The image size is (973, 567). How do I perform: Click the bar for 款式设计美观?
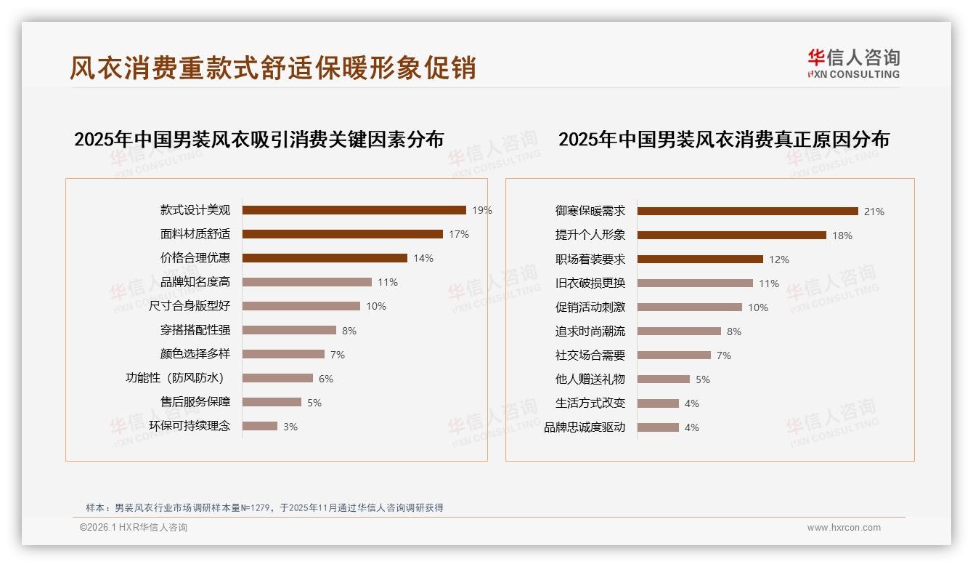tap(354, 210)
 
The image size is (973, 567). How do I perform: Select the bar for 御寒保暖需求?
tap(747, 212)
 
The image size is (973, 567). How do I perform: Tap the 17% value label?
tap(459, 234)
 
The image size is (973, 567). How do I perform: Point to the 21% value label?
tap(874, 212)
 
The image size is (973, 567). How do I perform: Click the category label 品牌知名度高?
tap(195, 282)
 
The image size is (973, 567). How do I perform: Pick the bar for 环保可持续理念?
tap(260, 426)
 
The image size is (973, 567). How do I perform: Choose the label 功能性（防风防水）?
tap(177, 378)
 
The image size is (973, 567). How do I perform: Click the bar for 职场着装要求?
tap(700, 260)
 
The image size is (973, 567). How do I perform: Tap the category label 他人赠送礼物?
tap(590, 379)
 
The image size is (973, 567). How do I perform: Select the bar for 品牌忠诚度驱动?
tap(658, 427)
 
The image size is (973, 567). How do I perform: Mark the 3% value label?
tap(290, 427)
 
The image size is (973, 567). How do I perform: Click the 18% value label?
tap(842, 236)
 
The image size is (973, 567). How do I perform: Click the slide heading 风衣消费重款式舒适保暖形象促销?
tap(272, 68)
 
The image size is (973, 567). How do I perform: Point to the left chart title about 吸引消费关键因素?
tap(258, 139)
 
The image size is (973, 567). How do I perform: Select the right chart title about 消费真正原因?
tap(723, 139)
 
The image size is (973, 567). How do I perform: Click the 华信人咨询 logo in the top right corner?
tap(853, 63)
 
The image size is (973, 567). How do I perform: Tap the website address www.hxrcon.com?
tap(844, 528)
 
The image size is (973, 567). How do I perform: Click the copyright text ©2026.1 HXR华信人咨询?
tap(134, 528)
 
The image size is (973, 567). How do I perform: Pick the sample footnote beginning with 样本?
tap(264, 508)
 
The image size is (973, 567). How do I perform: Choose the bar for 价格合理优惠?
tap(325, 258)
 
